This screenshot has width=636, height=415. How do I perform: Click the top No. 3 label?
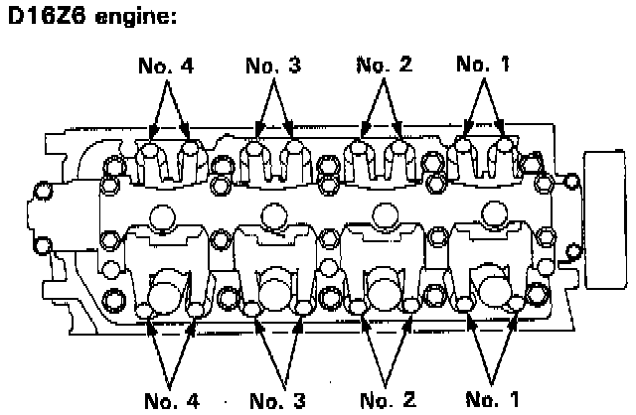273,67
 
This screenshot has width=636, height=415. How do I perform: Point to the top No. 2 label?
383,67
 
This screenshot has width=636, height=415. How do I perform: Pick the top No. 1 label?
483,67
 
